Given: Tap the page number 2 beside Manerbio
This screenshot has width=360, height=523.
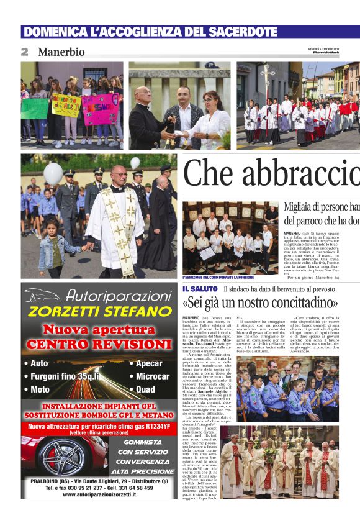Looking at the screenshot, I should point(25,52).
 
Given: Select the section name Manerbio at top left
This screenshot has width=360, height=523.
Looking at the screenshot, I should point(61,52).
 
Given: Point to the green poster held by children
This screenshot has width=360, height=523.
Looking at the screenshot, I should point(35,109).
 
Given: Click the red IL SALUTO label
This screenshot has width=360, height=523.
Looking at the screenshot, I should point(200,289).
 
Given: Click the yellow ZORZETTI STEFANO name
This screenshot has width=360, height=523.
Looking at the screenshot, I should point(92,311).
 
